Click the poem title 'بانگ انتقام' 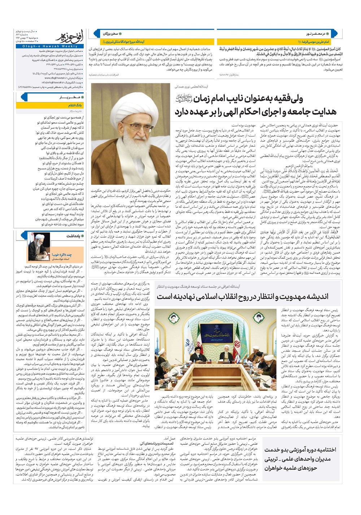click(x=75, y=105)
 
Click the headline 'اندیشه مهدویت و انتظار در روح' click(x=242, y=296)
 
